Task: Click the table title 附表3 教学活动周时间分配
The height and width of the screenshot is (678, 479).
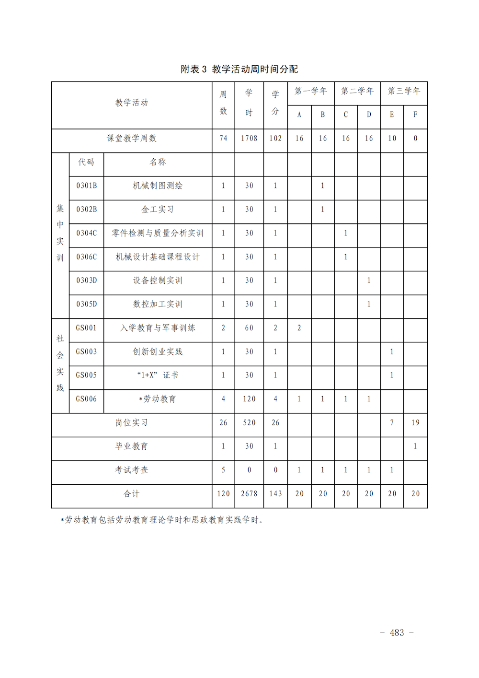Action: coord(239,69)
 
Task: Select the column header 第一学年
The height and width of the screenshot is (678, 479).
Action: coord(310,91)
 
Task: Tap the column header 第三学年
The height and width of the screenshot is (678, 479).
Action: coord(404,91)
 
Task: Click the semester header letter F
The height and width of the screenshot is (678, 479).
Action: coord(415,115)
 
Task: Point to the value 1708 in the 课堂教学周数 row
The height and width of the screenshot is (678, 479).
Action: coord(249,139)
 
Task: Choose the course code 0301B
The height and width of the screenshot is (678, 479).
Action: coord(86,186)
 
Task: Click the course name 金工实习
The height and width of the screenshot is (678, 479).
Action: coord(158,210)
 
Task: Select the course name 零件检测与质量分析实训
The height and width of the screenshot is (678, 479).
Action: coord(158,233)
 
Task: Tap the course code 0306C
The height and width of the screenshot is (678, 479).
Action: coord(86,257)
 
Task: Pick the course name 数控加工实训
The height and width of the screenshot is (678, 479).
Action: coord(158,304)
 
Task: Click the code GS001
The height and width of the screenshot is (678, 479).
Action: coord(86,328)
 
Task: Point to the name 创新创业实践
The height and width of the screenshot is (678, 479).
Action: coord(158,351)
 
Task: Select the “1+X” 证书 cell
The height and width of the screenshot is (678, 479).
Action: coord(158,375)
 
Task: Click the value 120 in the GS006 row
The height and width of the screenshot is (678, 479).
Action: coord(249,399)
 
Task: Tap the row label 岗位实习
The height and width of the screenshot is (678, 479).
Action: coord(131,422)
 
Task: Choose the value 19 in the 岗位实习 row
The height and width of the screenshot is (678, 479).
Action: coord(415,422)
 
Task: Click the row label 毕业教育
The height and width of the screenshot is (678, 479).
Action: coord(131,446)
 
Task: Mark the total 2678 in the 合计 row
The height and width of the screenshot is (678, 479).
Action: coord(249,493)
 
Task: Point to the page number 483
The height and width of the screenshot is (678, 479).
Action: coord(397,633)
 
